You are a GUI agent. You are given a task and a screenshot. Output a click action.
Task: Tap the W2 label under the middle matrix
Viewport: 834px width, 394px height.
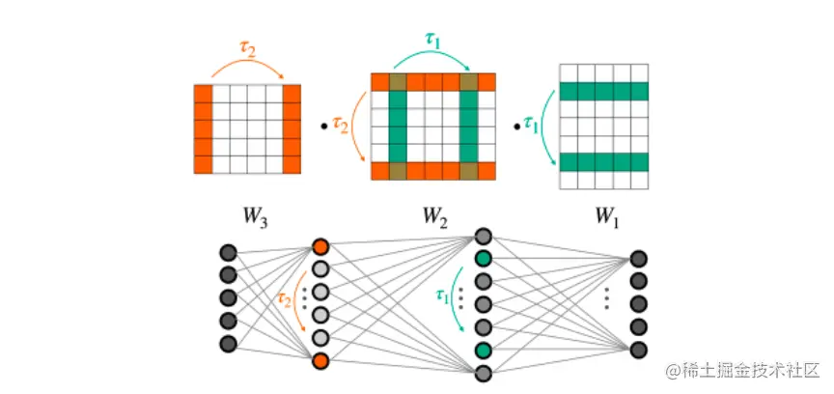tap(432, 213)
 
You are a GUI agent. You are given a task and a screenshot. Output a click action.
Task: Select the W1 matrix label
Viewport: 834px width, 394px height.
tap(604, 213)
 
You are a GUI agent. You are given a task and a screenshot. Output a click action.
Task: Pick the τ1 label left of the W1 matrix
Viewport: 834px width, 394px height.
tap(530, 123)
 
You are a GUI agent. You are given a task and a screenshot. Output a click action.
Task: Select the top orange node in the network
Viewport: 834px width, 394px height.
tap(320, 246)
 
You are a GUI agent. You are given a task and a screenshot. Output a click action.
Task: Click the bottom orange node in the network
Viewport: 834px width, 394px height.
tap(320, 361)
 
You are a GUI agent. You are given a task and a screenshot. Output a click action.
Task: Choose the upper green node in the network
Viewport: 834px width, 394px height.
tap(483, 259)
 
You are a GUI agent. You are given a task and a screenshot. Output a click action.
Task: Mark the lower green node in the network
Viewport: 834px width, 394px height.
tap(483, 350)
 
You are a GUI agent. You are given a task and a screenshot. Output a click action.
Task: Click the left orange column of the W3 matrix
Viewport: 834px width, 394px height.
tap(203, 128)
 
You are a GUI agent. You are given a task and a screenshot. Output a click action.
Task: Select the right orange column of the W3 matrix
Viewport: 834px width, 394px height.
tap(292, 128)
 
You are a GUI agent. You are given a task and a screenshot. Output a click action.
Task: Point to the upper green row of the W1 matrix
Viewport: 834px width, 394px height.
tap(604, 93)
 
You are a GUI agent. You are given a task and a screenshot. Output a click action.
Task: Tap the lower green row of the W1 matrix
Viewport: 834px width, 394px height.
tap(604, 161)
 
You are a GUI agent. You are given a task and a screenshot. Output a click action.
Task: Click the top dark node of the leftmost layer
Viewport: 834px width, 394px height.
tap(228, 253)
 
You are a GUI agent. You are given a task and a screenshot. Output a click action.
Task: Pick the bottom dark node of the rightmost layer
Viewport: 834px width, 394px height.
tap(638, 350)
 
